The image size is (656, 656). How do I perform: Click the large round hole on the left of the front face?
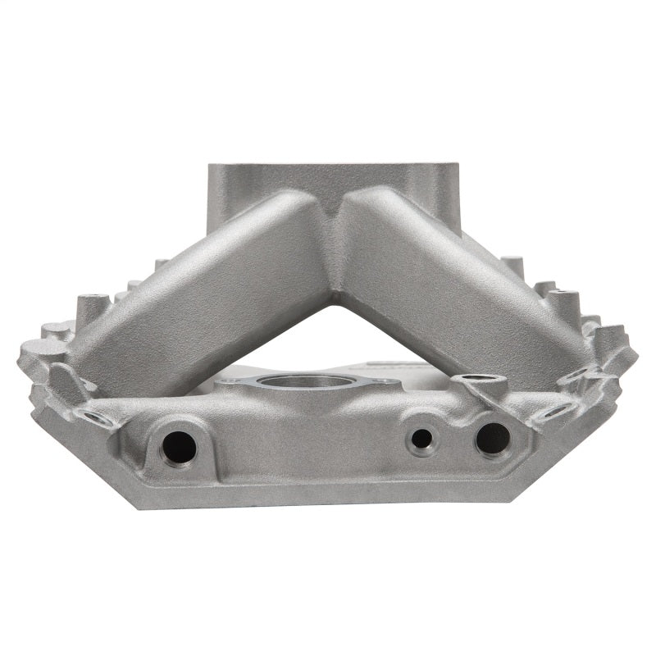coord(179,447)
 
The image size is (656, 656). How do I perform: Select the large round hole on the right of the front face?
coord(492,439)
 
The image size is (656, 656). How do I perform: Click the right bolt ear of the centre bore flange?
coord(382,382)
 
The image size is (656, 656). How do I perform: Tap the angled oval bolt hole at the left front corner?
coord(97,418)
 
